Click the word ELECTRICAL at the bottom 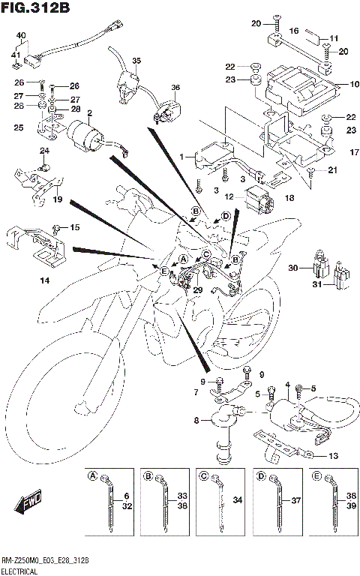[21, 571]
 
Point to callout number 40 [20, 35]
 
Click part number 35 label [136, 60]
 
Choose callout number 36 [175, 88]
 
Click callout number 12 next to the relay [230, 196]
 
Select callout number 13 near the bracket [333, 454]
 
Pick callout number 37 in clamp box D [295, 500]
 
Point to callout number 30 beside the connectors [293, 268]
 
